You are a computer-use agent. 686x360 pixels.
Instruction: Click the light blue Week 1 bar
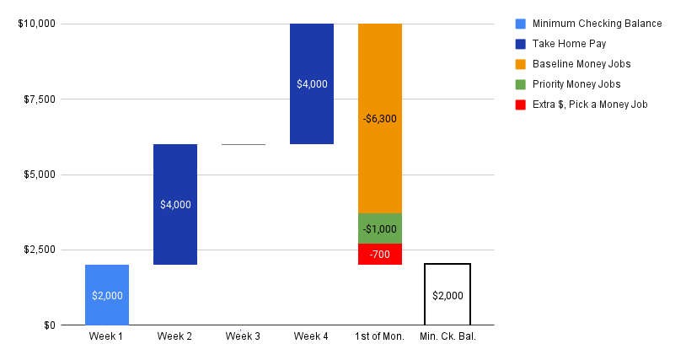[x=107, y=294]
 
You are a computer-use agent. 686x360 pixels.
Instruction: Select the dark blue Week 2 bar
[x=175, y=204]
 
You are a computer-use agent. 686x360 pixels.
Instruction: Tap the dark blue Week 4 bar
[x=312, y=83]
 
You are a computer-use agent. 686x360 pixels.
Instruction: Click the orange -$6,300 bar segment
[x=380, y=118]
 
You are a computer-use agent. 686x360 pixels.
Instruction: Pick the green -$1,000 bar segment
[x=380, y=228]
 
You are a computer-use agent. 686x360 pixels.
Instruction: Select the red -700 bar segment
[x=380, y=254]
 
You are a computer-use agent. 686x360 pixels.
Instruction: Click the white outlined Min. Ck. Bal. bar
[x=448, y=294]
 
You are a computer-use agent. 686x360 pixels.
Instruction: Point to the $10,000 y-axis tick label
[x=36, y=24]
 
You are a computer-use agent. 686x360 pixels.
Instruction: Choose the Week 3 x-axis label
[x=244, y=337]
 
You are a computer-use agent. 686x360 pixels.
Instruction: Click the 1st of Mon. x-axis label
[x=380, y=337]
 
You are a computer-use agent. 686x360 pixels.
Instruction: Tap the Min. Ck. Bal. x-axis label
[x=448, y=337]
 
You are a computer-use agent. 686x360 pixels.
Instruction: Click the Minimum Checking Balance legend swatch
[x=520, y=24]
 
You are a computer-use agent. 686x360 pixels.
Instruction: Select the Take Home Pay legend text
[x=569, y=44]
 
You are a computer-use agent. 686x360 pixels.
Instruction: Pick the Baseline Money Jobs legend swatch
[x=520, y=64]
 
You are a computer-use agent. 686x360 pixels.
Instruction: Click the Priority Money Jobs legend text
[x=576, y=84]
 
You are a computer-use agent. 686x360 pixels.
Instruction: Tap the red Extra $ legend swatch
[x=520, y=105]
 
